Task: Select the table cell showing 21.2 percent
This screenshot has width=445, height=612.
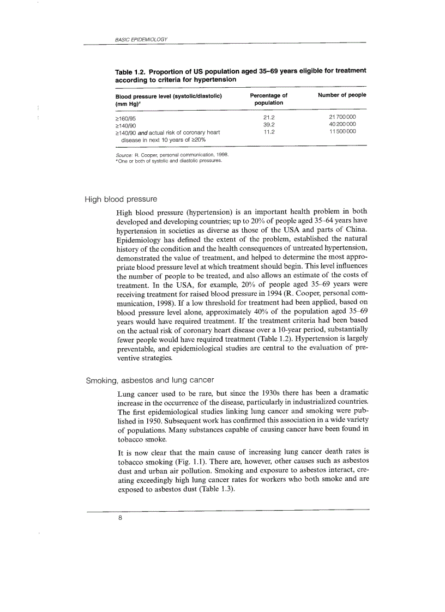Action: (268, 117)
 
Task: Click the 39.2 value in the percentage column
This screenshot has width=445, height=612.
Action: (268, 124)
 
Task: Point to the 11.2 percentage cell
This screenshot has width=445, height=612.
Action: (268, 131)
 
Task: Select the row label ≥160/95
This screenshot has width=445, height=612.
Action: (125, 117)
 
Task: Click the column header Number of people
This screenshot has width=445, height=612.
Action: (342, 95)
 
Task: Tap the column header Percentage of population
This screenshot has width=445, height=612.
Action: (268, 99)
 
